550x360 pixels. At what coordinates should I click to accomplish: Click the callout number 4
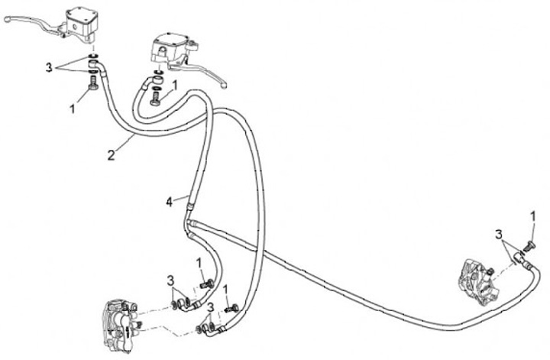point(170,202)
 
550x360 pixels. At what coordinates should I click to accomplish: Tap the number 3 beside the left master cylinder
point(48,67)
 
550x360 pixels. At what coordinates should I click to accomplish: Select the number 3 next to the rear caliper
point(497,233)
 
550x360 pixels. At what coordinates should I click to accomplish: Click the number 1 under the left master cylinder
point(73,109)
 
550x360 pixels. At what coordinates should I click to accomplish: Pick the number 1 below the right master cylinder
point(175,86)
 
